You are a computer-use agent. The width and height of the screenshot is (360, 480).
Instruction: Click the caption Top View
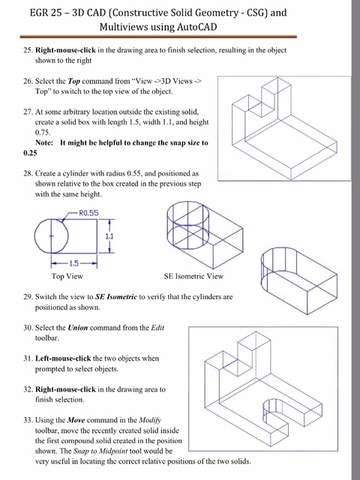click(x=67, y=276)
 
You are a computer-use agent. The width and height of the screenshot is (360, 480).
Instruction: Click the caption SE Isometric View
click(x=193, y=276)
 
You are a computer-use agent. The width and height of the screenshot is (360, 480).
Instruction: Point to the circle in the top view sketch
click(x=51, y=235)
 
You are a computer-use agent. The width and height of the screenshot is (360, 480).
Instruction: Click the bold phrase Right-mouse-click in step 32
click(x=67, y=390)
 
